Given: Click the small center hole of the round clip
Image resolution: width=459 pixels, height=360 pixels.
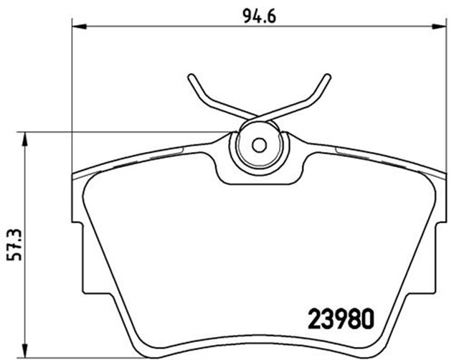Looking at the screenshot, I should (x=259, y=144).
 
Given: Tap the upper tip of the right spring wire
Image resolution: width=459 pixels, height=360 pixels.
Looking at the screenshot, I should (x=328, y=75).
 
